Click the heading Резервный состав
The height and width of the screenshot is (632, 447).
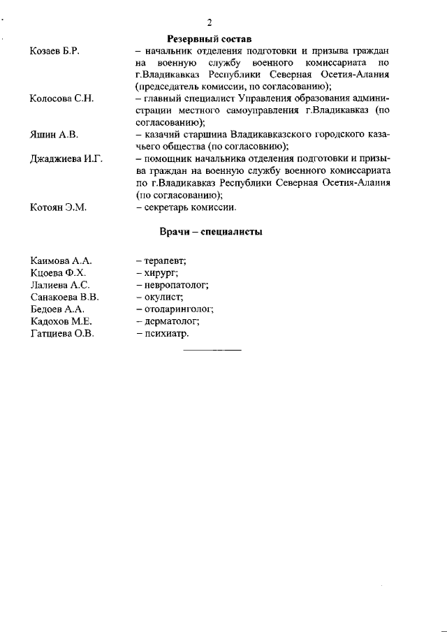(209, 38)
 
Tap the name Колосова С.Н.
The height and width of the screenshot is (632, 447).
(62, 98)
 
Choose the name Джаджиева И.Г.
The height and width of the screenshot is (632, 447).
(66, 159)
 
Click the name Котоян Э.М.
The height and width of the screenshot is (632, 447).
(58, 207)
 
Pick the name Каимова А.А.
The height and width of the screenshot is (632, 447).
(61, 260)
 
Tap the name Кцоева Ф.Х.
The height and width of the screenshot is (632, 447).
(59, 272)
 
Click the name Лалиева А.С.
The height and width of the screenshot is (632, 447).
(60, 285)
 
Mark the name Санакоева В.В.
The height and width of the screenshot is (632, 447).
(66, 297)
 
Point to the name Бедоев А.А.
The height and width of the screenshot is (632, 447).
(57, 309)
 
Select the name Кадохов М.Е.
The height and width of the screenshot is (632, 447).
(61, 321)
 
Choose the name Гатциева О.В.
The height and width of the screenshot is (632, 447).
(63, 334)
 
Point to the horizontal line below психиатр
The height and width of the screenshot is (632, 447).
(212, 348)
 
